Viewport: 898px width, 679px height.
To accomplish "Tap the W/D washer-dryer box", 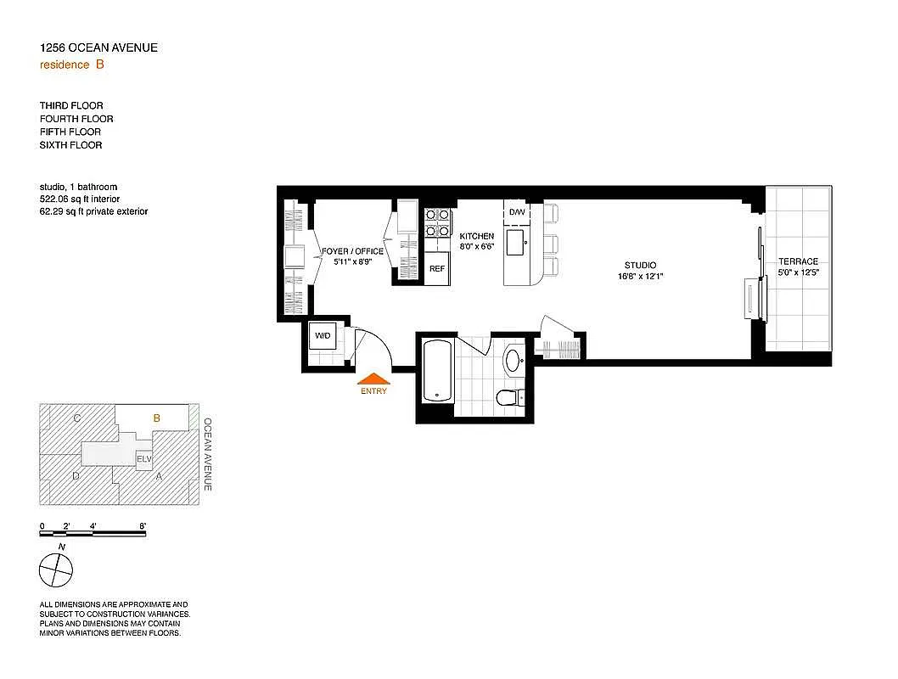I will [323, 335].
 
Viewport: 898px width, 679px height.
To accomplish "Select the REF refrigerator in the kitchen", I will [437, 268].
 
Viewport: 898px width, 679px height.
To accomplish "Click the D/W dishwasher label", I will [517, 211].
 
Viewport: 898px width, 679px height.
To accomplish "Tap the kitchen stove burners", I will [437, 222].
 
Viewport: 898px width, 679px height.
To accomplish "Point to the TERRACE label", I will [798, 261].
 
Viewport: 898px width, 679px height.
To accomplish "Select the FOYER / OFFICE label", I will [353, 251].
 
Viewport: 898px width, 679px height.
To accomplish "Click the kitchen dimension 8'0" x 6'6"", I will [476, 247].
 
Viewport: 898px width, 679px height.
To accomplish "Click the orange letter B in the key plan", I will [156, 418].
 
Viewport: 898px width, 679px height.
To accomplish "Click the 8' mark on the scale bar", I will [143, 527].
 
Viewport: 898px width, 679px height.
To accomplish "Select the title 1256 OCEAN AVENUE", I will [98, 48].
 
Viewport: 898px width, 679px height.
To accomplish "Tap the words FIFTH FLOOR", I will [70, 132].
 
